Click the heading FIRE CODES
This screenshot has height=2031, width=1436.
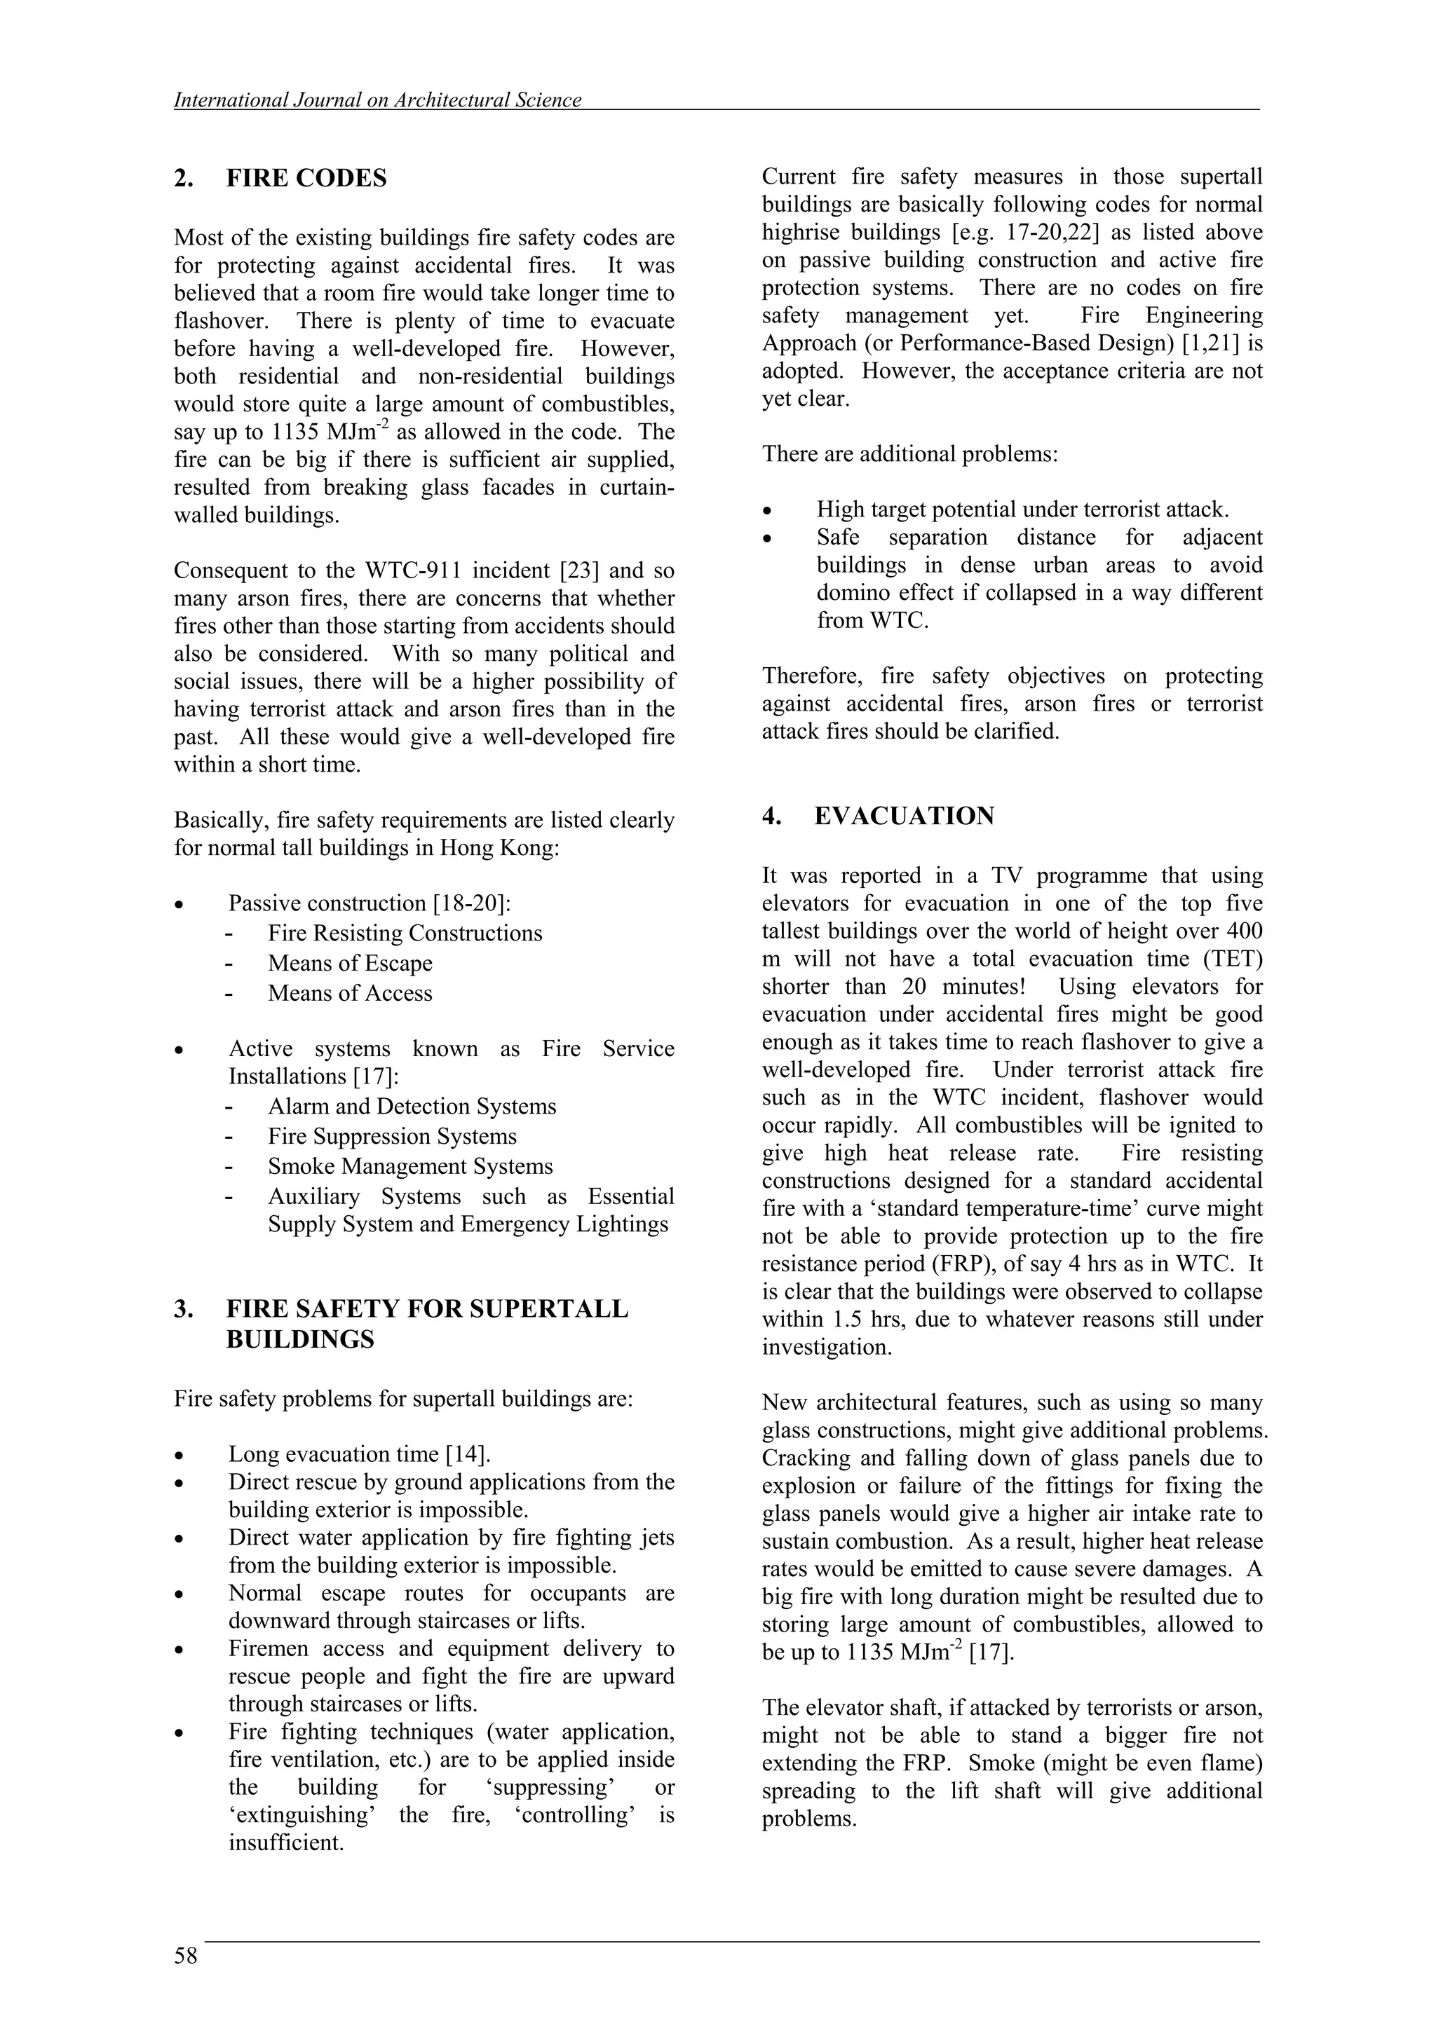[x=306, y=179]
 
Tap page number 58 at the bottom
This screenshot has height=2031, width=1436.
[x=186, y=1956]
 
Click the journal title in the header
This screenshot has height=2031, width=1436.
[x=378, y=100]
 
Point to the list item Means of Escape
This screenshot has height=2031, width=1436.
[x=351, y=964]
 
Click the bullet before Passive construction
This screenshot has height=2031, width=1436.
[x=179, y=905]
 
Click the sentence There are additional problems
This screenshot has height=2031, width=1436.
[x=909, y=455]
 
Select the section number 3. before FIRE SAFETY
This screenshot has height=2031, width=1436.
[x=183, y=1309]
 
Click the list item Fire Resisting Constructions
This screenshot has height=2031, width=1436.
[x=405, y=934]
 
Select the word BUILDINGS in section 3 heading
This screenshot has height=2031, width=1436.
[x=300, y=1339]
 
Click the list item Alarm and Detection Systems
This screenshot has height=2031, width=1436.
[x=412, y=1107]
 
